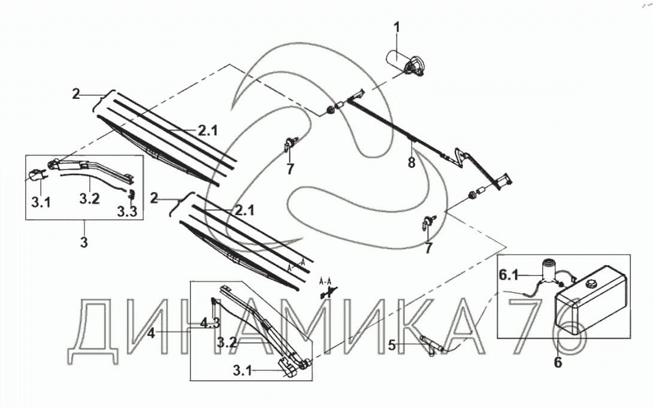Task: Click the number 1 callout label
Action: click(397, 28)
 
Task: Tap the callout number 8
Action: click(412, 162)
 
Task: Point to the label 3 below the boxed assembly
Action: click(84, 242)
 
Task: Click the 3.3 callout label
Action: click(127, 212)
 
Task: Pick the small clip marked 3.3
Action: click(133, 194)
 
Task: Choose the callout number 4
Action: click(152, 333)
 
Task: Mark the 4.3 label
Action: click(210, 323)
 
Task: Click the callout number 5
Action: click(391, 345)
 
